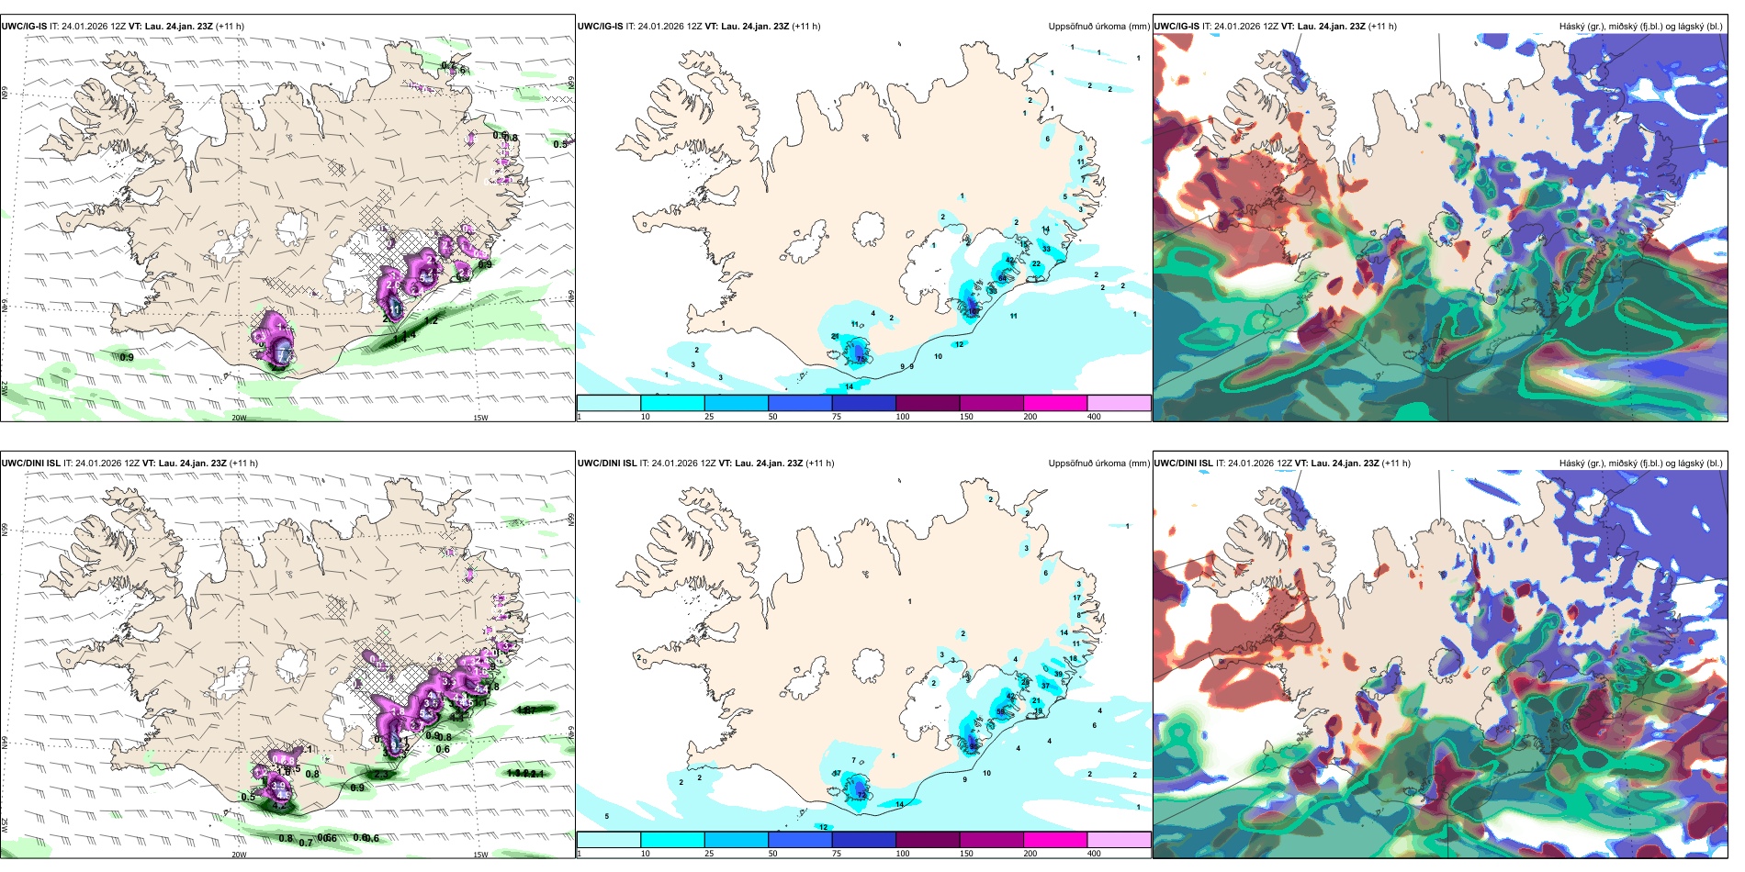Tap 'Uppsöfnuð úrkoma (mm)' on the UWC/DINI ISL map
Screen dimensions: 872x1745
point(1098,464)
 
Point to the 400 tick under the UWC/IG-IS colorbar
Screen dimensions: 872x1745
point(1094,417)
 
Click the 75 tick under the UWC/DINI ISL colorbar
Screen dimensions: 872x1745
point(837,854)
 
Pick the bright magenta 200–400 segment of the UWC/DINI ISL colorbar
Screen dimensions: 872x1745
point(1054,840)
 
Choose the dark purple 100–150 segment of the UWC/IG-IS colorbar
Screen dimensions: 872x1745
point(927,403)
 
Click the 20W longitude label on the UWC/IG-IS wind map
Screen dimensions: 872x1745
point(239,418)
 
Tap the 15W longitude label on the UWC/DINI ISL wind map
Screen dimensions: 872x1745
point(479,855)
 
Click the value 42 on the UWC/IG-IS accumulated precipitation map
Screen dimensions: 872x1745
point(1010,261)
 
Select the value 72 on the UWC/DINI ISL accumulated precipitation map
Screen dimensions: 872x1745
point(861,795)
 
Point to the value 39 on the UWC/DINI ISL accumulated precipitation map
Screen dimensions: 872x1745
point(1058,675)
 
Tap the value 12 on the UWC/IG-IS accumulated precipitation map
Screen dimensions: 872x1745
point(959,345)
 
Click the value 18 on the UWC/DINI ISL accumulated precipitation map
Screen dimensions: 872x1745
point(1073,659)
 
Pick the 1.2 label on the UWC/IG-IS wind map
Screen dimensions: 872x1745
point(432,320)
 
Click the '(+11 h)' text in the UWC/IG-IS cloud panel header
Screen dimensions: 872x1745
point(1382,27)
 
